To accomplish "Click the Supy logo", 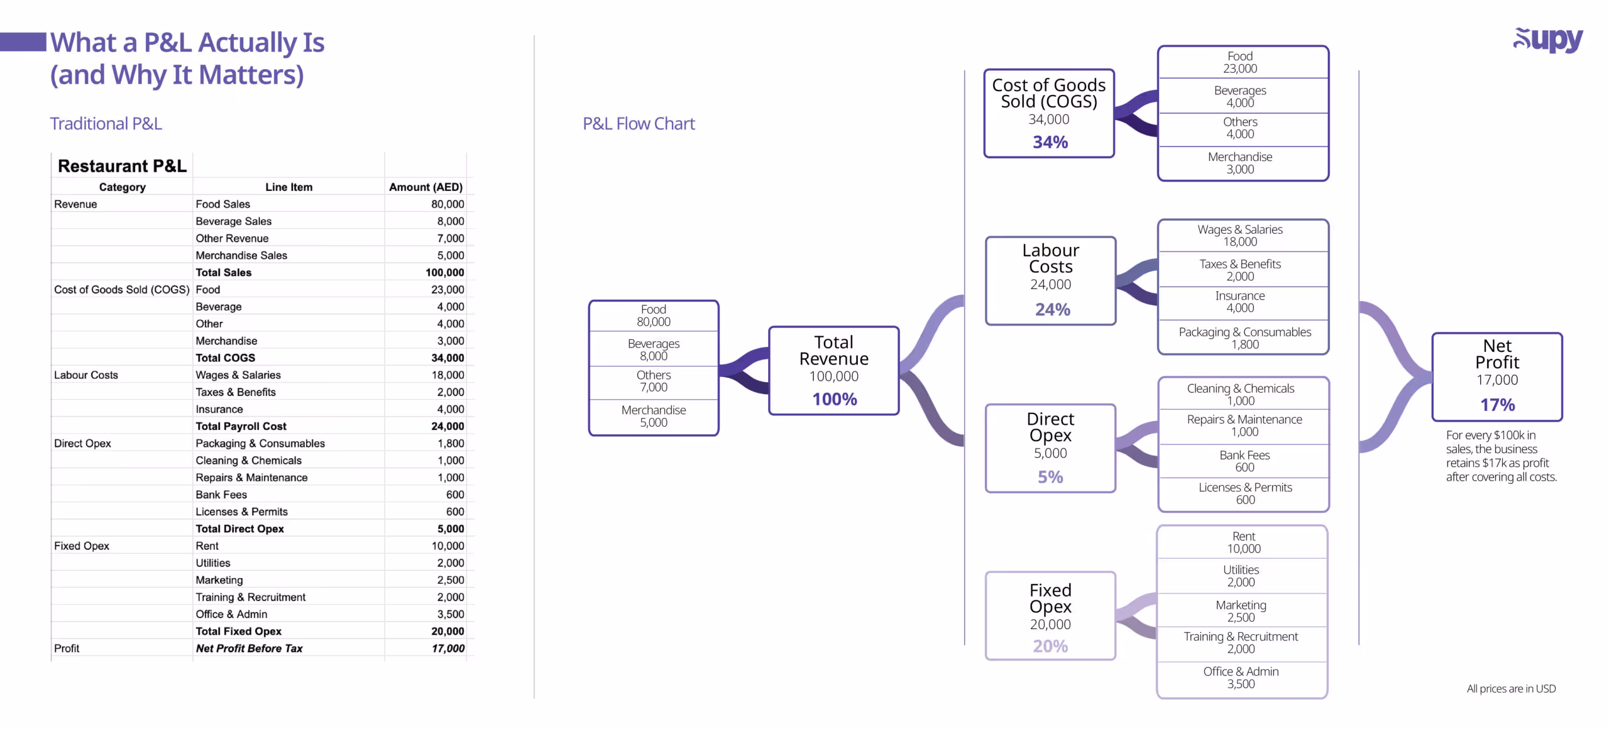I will (x=1547, y=41).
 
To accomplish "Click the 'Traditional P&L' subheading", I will (x=106, y=124).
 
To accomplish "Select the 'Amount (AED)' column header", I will (x=426, y=187).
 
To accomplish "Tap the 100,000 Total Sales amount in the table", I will (x=444, y=273).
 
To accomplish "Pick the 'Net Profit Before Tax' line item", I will (x=249, y=649).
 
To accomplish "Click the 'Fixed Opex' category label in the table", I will (x=82, y=546).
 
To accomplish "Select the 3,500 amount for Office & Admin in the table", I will (x=451, y=615).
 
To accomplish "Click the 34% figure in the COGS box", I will (x=1050, y=142).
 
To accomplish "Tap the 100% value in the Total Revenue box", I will (x=834, y=399).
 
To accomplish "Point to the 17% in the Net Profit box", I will (x=1497, y=405).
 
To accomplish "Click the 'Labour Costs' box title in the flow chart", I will (x=1050, y=258).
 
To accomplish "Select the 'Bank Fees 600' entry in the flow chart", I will (x=1244, y=461).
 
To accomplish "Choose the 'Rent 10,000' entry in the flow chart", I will (x=1243, y=542).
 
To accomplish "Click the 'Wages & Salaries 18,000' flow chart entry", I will (x=1239, y=236).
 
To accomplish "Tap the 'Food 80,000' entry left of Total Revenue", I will (x=653, y=315).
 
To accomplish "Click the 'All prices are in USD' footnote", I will (x=1511, y=689).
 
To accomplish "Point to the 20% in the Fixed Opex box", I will (x=1050, y=646).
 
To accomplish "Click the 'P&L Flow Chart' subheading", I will (x=639, y=124).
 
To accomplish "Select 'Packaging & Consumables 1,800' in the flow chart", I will (x=1244, y=338).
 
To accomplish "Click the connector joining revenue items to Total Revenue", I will (x=744, y=370).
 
